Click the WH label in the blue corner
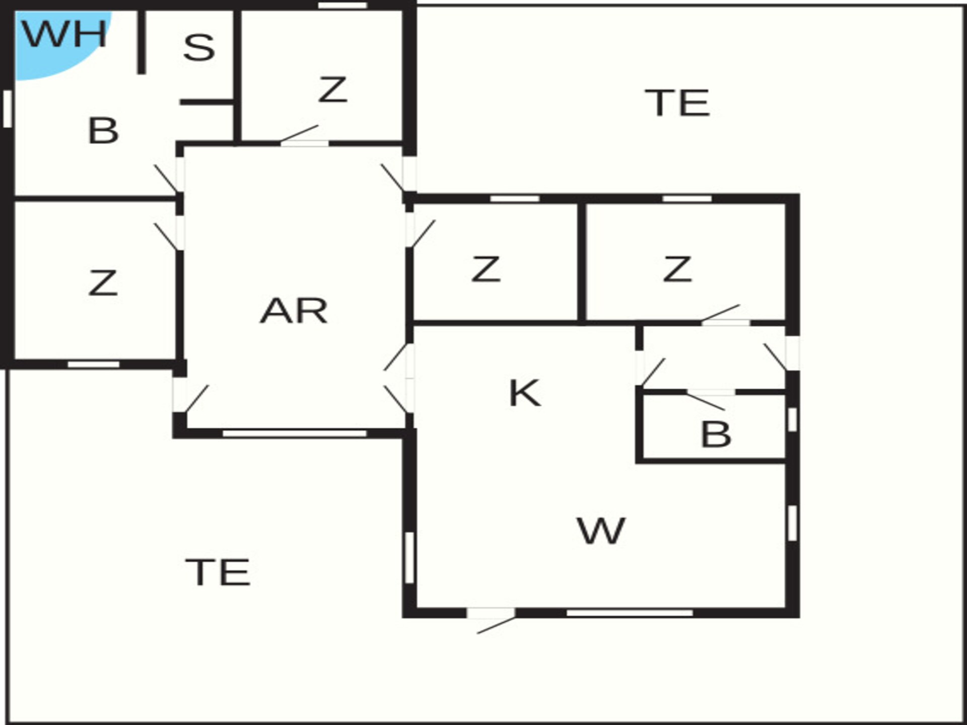point(64,34)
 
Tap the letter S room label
point(199,48)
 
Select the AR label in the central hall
point(294,311)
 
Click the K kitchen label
point(525,393)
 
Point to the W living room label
point(601,531)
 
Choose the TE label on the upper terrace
point(677,103)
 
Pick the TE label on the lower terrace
point(218,572)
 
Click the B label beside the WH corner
point(103,130)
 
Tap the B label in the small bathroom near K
point(716,434)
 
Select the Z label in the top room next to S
point(333,90)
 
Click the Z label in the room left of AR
point(103,282)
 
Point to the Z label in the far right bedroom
point(677,269)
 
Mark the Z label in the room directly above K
point(486,269)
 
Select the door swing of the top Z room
point(299,133)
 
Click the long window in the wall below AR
point(295,433)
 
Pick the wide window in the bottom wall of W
point(630,613)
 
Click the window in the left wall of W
point(409,557)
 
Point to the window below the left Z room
point(94,364)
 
